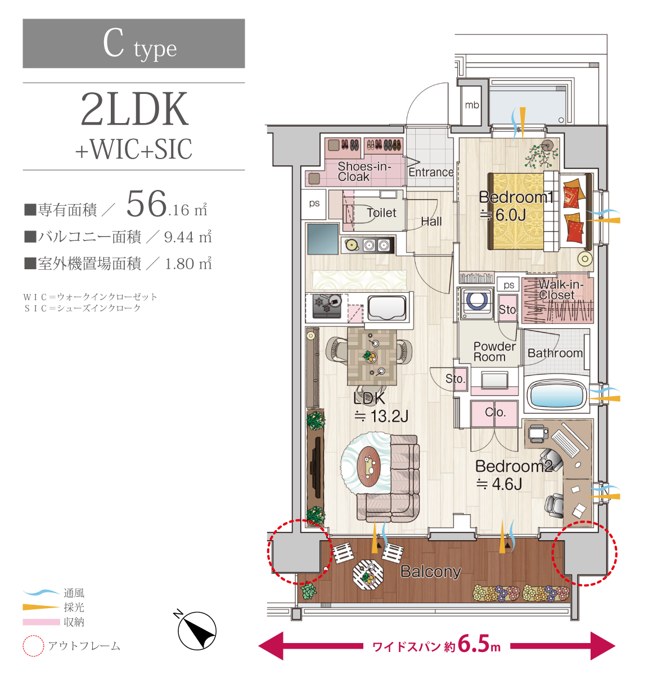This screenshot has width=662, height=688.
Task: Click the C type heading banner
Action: pos(134,43)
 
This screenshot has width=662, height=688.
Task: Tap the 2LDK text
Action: pos(134,109)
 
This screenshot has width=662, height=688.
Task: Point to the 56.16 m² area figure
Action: pos(166,205)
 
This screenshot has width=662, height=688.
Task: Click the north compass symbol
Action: pos(197,630)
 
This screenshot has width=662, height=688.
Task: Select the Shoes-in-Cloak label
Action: pos(364,171)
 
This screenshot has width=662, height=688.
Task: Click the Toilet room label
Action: pos(381,213)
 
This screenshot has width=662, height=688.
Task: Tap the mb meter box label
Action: pos(472,105)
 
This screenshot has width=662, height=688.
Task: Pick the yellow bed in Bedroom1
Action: pos(516,211)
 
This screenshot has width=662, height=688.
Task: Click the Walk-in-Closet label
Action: pos(561,289)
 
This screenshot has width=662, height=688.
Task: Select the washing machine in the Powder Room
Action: pos(476,302)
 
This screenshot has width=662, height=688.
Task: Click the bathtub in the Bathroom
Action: pos(555,394)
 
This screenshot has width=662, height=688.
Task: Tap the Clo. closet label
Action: pos(495,412)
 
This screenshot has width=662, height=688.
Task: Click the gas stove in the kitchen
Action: pos(327,306)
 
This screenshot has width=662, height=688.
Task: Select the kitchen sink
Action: pos(386,307)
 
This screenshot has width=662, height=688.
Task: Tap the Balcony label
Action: pos(430,571)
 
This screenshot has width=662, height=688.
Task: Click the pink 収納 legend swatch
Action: pos(41,622)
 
